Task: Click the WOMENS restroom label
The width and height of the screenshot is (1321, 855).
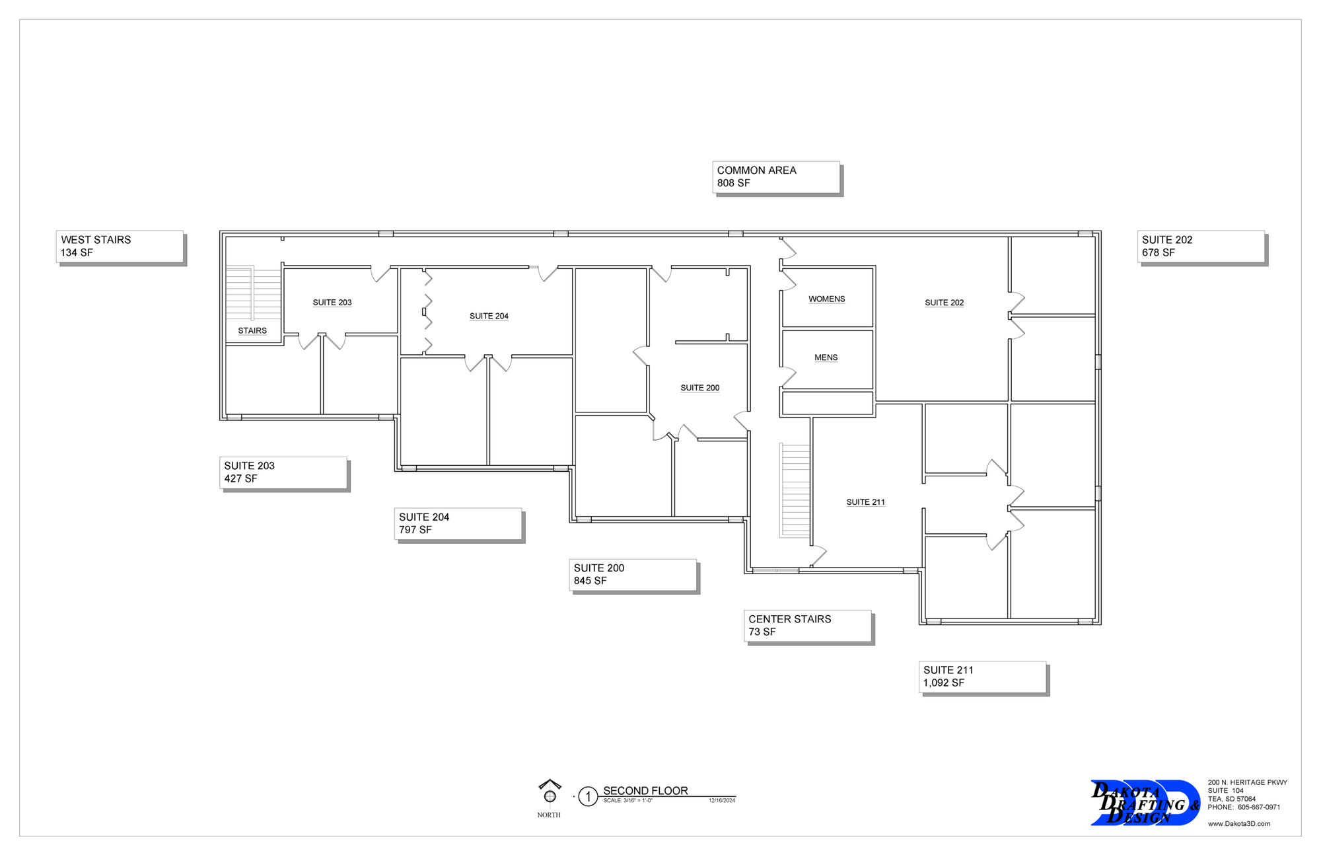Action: point(826,299)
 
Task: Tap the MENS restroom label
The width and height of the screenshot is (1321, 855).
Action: point(826,357)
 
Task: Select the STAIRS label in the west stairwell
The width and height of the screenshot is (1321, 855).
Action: point(252,331)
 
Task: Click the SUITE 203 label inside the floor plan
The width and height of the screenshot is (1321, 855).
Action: point(332,303)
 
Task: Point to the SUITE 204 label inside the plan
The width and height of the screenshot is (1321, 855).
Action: point(489,316)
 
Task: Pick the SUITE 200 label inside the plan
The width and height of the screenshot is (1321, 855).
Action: point(699,388)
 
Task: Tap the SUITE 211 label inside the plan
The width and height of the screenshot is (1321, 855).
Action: point(865,502)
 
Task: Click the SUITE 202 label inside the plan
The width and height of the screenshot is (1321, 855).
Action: point(944,303)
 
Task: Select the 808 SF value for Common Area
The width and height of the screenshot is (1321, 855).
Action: point(733,183)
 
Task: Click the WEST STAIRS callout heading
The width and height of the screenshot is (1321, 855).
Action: point(96,240)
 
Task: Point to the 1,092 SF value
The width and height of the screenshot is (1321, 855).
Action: point(943,683)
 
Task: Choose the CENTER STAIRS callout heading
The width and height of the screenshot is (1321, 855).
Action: point(789,619)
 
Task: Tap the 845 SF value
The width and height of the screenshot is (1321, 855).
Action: point(590,581)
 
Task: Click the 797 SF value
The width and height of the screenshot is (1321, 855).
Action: point(415,530)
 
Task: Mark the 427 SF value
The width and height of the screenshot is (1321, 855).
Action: point(240,478)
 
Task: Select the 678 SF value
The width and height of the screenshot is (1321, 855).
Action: point(1158,252)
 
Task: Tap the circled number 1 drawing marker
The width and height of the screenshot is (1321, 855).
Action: point(588,796)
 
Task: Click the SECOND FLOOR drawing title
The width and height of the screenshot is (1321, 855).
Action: point(645,791)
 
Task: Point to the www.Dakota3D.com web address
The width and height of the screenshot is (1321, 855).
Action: point(1239,824)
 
